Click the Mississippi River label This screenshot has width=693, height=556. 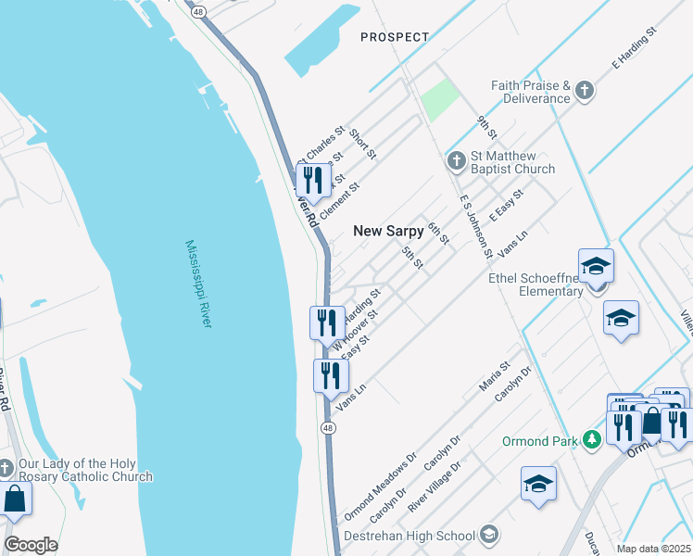(198, 284)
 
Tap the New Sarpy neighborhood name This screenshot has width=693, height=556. (388, 231)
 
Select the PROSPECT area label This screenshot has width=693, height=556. (395, 37)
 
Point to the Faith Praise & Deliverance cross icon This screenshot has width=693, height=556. (584, 91)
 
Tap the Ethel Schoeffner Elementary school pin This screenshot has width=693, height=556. (597, 267)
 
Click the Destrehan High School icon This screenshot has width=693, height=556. (488, 535)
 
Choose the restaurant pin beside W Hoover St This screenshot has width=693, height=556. (326, 322)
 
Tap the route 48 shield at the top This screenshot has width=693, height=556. (199, 12)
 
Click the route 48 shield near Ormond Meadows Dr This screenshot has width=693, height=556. (329, 427)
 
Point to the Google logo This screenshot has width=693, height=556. (31, 545)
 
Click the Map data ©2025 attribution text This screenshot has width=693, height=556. (654, 549)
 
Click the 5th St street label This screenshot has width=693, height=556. (412, 259)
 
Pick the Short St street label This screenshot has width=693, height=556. (363, 144)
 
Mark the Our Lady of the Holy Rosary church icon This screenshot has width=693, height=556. (6, 468)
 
